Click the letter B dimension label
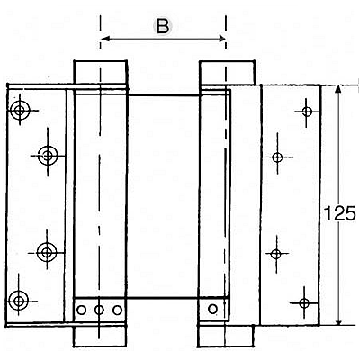163,26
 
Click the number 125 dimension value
340,213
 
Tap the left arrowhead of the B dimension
104,39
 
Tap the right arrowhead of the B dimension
222,39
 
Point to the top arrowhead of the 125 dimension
338,89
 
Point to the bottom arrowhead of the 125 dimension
338,321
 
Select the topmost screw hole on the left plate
20,110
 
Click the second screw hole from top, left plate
48,156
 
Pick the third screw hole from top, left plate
47,252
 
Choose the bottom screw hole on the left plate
19,301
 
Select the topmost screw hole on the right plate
307,112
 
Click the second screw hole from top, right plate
277,157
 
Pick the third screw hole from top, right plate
276,254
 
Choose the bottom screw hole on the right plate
304,303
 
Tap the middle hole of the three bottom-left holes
99,310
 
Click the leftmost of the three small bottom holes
81,310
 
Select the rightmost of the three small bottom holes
117,310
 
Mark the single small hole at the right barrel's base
212,309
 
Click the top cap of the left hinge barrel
101,72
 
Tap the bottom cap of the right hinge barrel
226,336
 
